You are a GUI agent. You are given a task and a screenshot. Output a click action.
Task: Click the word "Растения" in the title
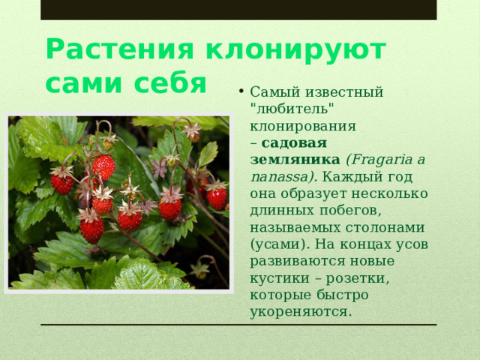point(119,49)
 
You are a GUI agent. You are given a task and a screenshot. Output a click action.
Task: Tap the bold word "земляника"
point(295,160)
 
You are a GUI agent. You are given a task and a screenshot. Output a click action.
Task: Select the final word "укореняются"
point(300,310)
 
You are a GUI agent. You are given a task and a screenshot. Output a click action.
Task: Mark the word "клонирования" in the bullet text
point(303,125)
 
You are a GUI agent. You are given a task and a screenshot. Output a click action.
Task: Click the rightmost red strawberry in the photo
point(217,197)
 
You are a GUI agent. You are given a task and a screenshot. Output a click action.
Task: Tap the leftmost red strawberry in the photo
point(62,183)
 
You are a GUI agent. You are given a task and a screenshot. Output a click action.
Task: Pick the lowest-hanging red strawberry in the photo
point(92,229)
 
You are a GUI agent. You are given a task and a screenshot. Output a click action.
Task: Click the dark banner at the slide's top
point(238,10)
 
